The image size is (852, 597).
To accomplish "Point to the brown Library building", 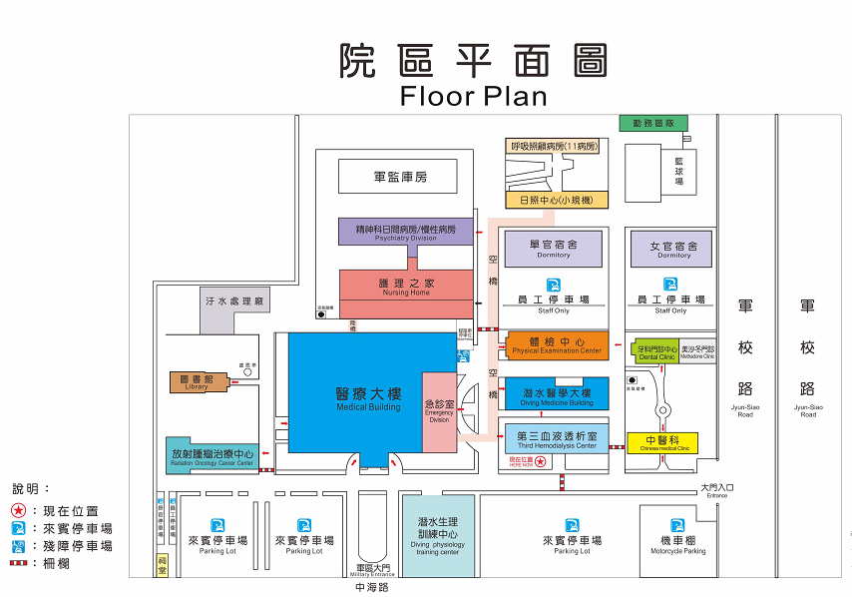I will click(196, 382).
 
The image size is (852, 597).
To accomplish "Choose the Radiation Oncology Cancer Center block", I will click(212, 455).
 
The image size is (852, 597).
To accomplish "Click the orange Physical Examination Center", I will click(557, 345).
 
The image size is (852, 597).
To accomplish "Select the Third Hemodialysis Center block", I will click(557, 439).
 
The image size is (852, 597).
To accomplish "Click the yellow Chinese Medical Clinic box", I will click(662, 442).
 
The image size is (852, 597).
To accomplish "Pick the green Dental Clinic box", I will click(656, 351).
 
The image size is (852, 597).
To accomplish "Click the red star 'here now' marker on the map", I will click(540, 462).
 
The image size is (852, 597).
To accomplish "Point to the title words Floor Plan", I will click(473, 96).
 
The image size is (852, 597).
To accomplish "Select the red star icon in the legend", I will click(20, 511).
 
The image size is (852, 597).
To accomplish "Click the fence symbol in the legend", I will click(20, 564).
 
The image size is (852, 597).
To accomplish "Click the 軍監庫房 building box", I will click(399, 177).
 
